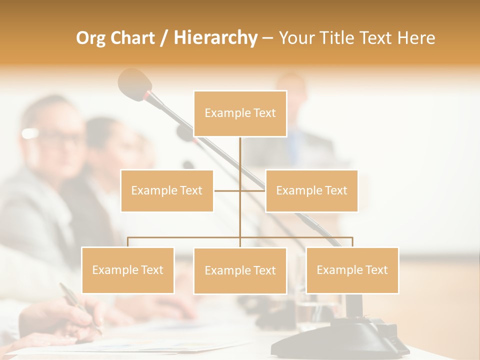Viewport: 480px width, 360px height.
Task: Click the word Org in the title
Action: [x=91, y=38]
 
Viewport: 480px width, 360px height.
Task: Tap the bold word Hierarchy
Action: [x=215, y=38]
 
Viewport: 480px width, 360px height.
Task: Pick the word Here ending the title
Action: [x=416, y=38]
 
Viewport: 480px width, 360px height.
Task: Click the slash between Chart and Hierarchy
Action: [x=164, y=38]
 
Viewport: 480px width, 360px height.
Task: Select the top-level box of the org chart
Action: [x=240, y=113]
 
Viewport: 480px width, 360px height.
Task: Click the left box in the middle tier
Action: [x=167, y=190]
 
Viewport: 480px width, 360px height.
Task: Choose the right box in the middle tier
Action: [x=311, y=190]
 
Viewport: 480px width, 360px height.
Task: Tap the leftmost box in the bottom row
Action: [x=128, y=270]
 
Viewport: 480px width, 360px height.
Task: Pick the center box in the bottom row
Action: [x=240, y=270]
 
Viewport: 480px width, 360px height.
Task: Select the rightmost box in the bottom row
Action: [x=352, y=270]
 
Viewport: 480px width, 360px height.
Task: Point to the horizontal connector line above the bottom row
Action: [x=185, y=237]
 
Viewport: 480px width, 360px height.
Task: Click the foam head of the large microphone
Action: [x=133, y=81]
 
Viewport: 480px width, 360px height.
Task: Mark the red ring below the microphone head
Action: [x=148, y=95]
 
